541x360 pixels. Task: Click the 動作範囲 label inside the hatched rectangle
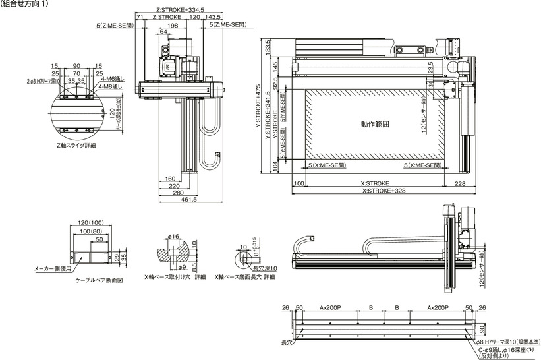[x=375, y=123]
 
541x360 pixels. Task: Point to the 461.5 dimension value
[x=189, y=200]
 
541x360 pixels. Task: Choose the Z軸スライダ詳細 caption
[x=77, y=145]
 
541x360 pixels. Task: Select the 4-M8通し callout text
[x=109, y=86]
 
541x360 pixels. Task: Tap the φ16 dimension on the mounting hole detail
[x=174, y=236]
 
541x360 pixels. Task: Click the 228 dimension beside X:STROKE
[x=460, y=183]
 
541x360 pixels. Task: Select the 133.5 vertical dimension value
[x=268, y=48]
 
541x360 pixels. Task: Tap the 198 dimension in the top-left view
[x=173, y=25]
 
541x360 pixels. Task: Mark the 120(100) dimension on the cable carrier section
[x=92, y=224]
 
